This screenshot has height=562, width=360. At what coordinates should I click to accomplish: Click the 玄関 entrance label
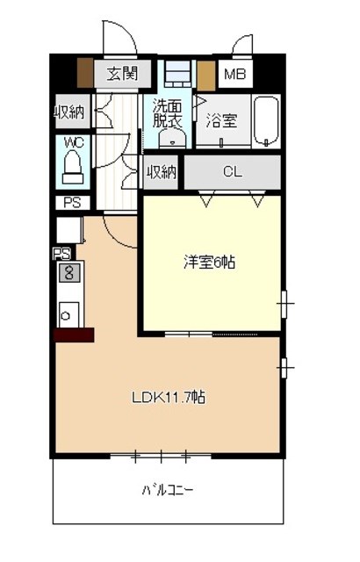pos(122,74)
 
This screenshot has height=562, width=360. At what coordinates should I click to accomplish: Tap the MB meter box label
pos(235,74)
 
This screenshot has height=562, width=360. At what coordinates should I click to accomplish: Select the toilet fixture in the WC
pos(73,168)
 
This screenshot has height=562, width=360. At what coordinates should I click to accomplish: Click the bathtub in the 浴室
pos(266,121)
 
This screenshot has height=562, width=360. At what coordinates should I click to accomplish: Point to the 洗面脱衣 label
pos(168,113)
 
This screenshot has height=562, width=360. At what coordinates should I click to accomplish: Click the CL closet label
pos(233,172)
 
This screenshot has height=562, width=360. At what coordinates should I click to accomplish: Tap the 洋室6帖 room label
pos(210,263)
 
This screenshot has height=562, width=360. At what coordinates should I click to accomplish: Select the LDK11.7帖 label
pos(169,397)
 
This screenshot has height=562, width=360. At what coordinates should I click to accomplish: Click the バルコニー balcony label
pos(168,490)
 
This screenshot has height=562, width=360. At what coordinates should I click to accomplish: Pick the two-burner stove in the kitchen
pos(69,273)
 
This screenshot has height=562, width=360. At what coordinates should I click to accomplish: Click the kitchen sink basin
pos(68,315)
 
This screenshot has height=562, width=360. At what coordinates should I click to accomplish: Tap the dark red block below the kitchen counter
pos(74,335)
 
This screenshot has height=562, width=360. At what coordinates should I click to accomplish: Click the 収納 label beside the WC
pos(69,112)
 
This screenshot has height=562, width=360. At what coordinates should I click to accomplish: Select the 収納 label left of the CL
pos(162,172)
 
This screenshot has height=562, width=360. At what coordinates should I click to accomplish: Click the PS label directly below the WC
pos(72,203)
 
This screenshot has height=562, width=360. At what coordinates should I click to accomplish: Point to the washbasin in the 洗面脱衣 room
pos(173,139)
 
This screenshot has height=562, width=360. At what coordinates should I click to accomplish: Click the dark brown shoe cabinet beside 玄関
pos(85,73)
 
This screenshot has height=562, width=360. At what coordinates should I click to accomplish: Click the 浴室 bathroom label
pos(222,120)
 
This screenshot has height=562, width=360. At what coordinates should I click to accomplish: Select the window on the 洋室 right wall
pos(284,304)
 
